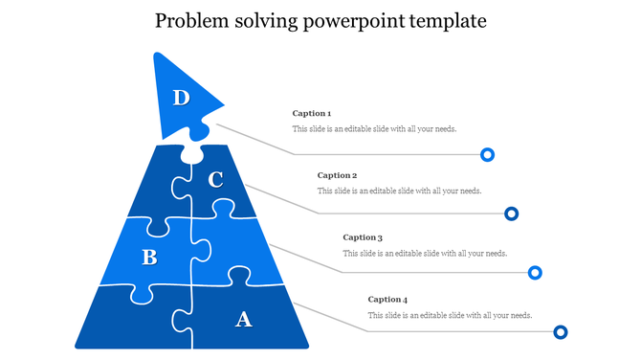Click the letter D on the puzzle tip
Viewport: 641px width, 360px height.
[x=181, y=97]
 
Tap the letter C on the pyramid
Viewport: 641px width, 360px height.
[x=215, y=179]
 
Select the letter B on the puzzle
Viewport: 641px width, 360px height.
[x=149, y=257]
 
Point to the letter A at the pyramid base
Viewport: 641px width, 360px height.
[x=243, y=319]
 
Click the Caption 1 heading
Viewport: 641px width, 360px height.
[x=312, y=114]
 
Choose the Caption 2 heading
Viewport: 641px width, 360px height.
[x=337, y=175]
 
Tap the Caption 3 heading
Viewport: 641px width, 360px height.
[x=363, y=237]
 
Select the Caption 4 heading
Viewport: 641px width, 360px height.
[x=387, y=300]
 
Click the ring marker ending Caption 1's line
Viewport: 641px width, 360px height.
[x=487, y=154]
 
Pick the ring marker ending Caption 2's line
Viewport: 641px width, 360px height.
[x=512, y=214]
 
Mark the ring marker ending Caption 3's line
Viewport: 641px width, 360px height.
[x=536, y=274]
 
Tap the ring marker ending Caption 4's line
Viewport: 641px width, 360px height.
[x=561, y=332]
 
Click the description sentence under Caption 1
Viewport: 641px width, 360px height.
[x=374, y=129]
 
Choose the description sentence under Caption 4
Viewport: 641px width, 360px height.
[x=450, y=315]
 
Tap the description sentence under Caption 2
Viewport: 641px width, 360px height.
[x=399, y=191]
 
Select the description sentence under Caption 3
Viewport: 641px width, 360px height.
[x=425, y=253]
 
